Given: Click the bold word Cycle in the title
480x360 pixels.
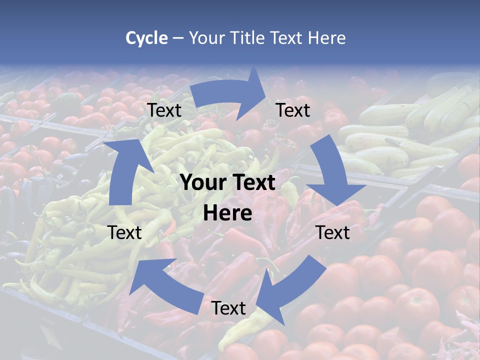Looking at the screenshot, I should point(146,38).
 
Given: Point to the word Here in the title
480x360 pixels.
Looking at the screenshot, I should point(327,38).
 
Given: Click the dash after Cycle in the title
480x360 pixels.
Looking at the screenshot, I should point(177,38).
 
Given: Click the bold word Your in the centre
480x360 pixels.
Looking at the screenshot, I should point(201,183).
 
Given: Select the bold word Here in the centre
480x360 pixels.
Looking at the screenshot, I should point(227,213).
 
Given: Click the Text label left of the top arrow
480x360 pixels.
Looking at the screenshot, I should point(164,110).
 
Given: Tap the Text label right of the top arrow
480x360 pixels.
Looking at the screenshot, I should point(293,110).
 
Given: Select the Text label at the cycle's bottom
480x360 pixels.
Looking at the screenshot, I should point(228,308).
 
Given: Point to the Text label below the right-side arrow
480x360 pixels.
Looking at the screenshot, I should point(332,232).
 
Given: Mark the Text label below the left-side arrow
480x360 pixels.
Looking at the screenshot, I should point(124,232).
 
